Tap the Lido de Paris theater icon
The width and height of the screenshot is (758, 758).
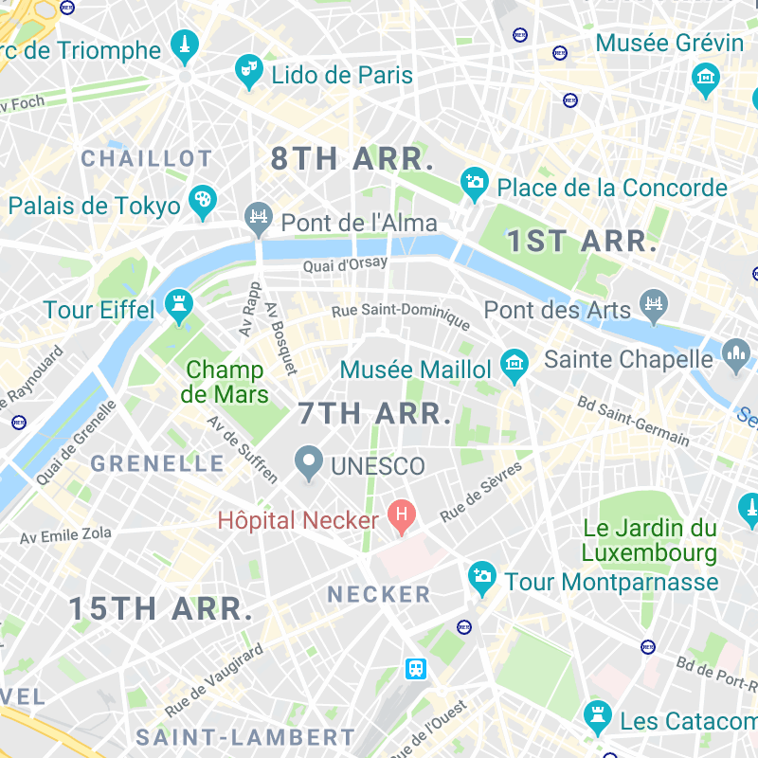point(248,72)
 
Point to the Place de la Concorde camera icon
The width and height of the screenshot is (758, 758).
point(474,182)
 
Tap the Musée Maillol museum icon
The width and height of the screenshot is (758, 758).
point(514,364)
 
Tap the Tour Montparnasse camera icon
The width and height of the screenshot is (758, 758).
point(482,577)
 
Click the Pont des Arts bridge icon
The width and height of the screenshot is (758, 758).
point(654,305)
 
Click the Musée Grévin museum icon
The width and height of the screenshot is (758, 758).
point(705,78)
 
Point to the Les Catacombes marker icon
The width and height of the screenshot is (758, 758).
point(597,717)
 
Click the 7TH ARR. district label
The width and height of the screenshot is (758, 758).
point(373,414)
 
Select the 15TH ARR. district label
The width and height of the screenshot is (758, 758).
point(161,609)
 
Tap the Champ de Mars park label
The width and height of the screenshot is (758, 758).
point(226,382)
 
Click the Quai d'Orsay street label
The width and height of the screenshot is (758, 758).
point(346,265)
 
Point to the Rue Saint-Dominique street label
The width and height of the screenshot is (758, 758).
point(401,316)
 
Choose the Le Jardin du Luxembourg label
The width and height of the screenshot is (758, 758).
point(649,540)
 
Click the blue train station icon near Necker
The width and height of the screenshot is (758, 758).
point(416,668)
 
